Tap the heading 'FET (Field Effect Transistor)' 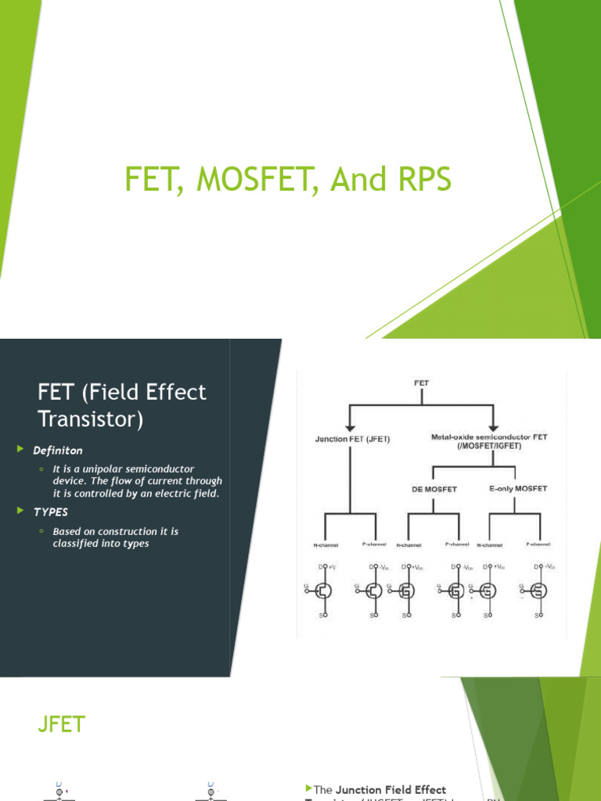click(122, 404)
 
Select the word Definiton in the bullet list click(57, 451)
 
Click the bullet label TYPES click(50, 512)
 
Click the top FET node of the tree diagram click(421, 383)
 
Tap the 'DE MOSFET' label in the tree click(434, 489)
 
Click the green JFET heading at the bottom click(61, 725)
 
